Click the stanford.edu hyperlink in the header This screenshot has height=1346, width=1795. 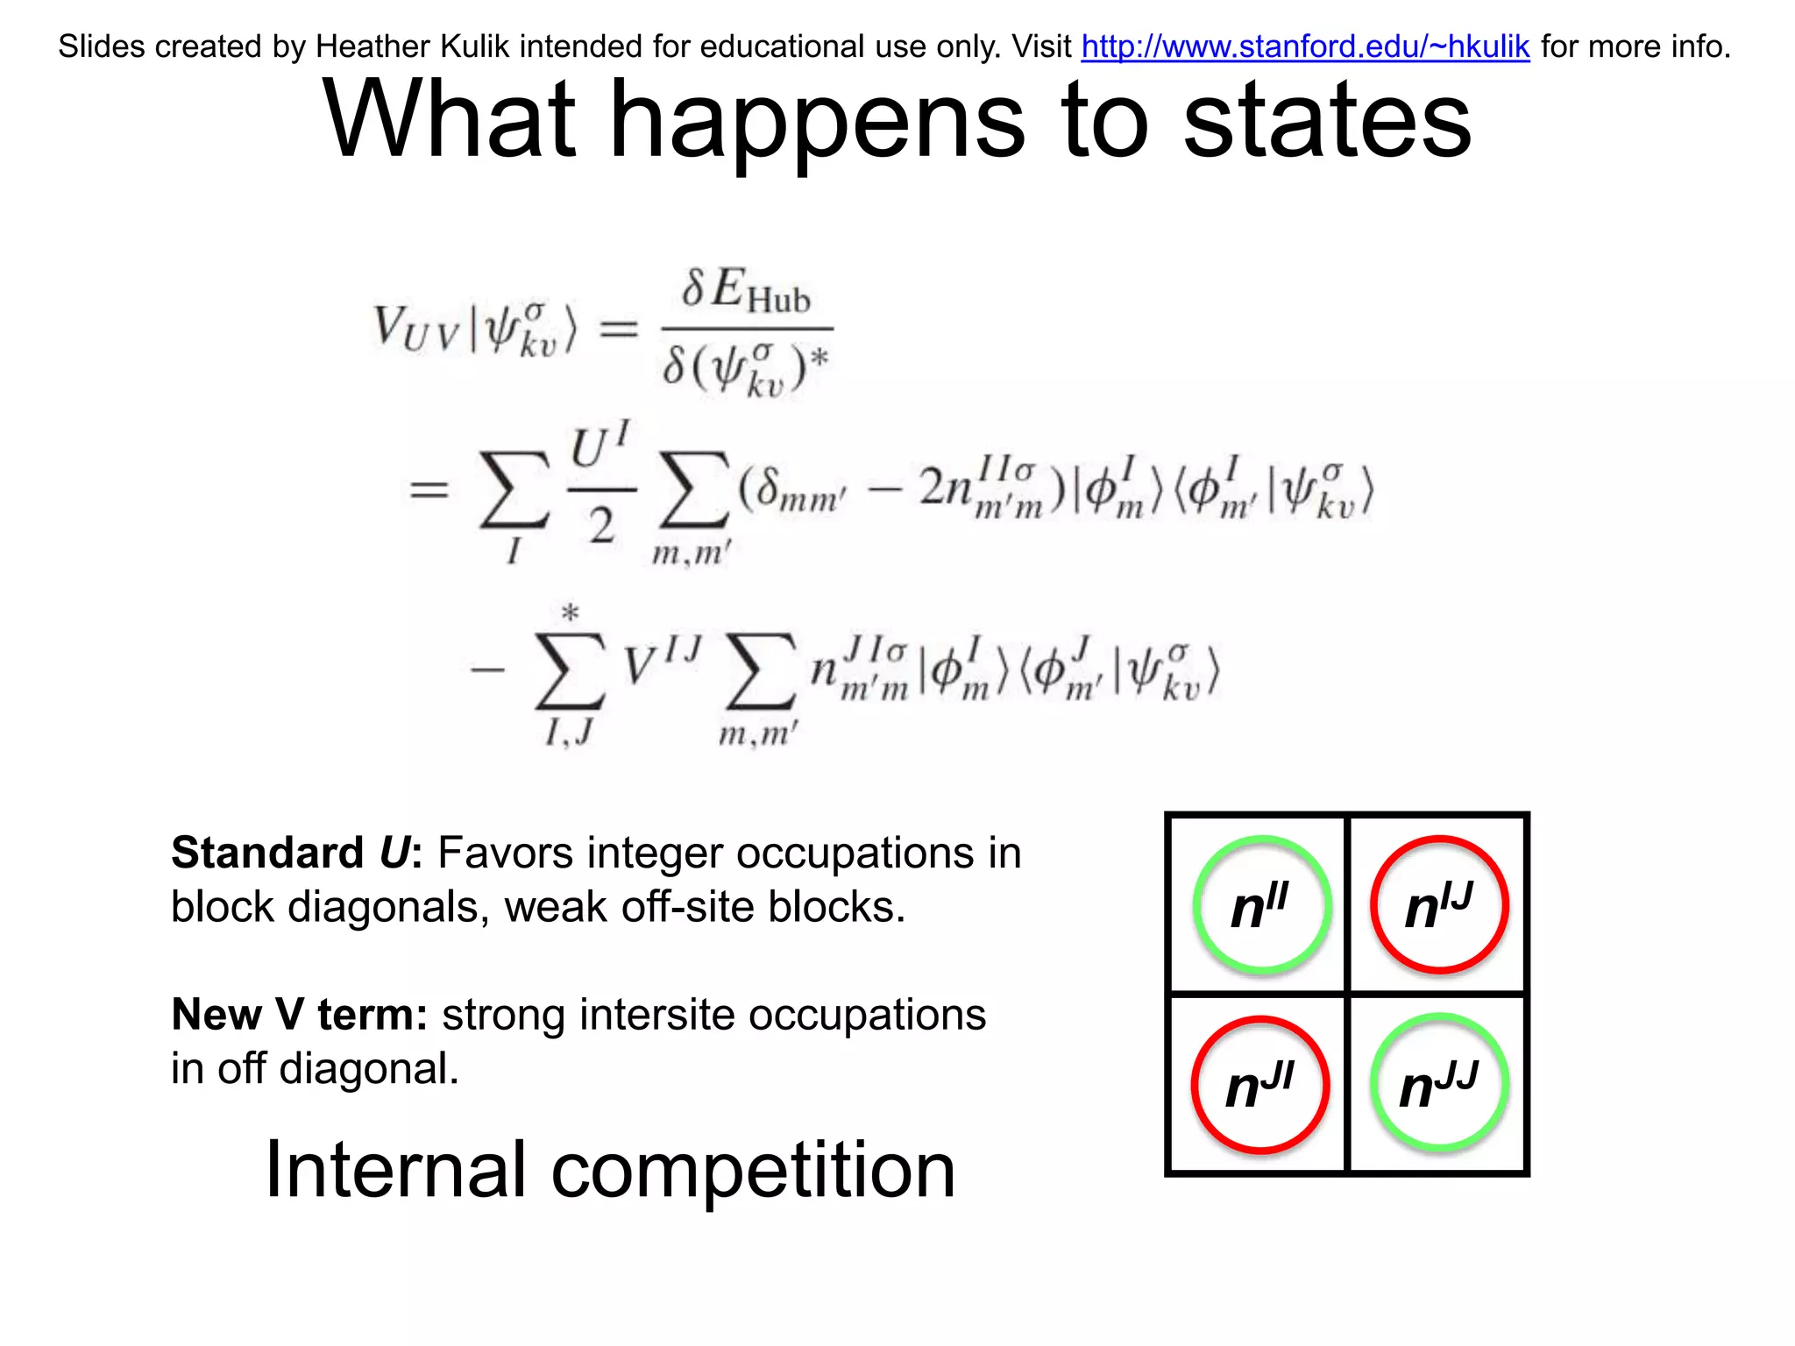point(1305,46)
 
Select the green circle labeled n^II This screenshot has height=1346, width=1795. point(1262,905)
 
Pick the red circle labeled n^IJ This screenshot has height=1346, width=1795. point(1440,905)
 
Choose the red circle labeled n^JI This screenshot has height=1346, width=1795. point(1260,1085)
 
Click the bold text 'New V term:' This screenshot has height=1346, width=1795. point(299,1015)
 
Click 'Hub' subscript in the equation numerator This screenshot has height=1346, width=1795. point(778,301)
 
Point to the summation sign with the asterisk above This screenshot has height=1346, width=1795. point(571,670)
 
